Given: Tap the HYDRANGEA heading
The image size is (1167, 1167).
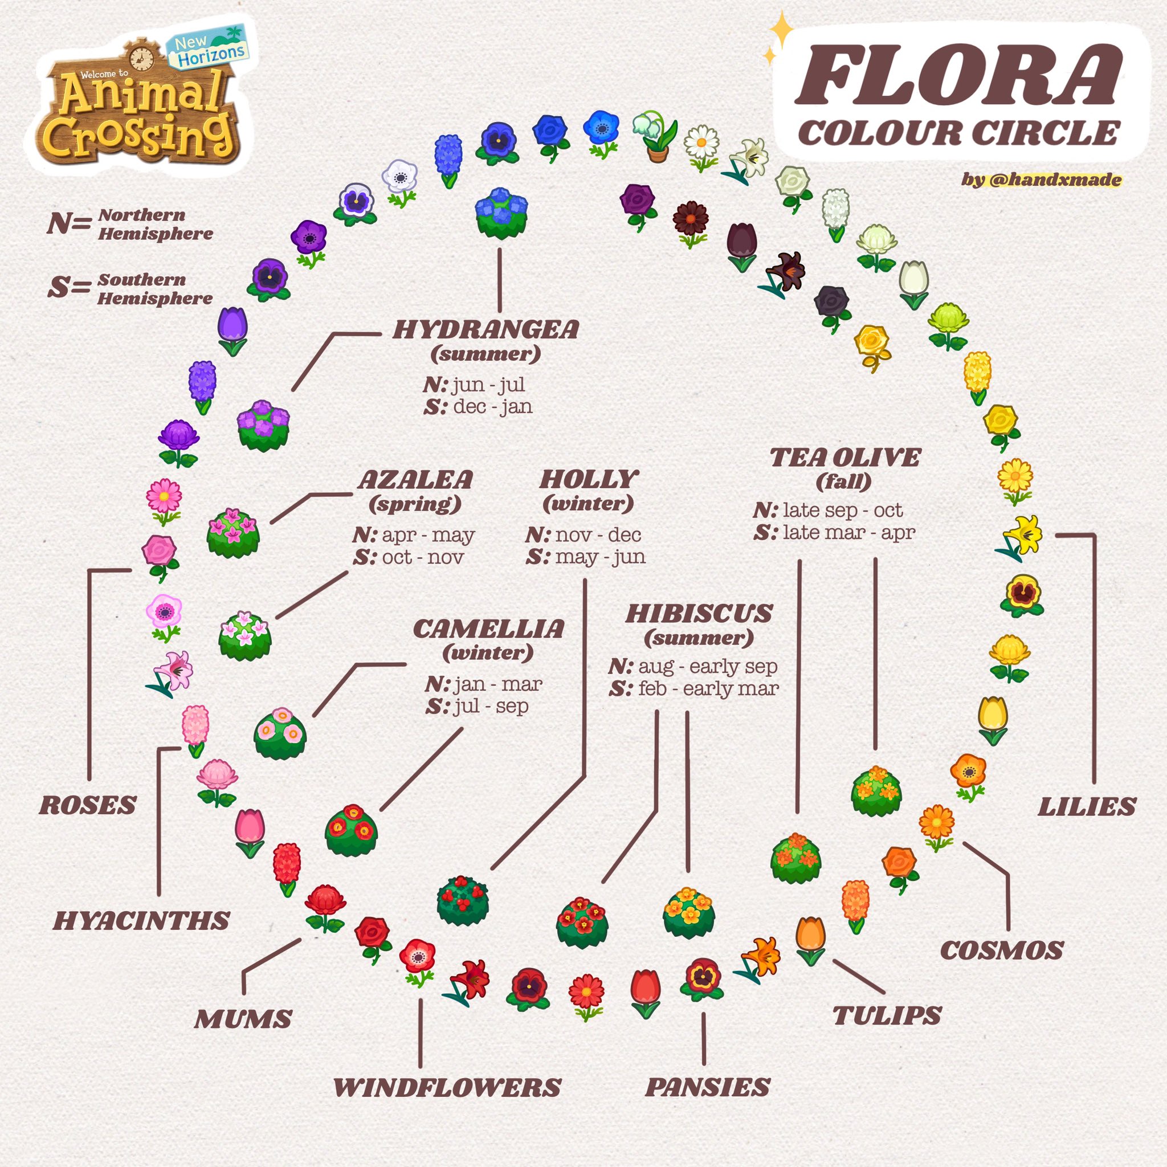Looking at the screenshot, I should coord(485,330).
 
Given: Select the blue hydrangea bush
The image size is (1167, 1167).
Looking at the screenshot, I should coord(501,213).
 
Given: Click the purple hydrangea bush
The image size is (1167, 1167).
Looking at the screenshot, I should coord(263,425).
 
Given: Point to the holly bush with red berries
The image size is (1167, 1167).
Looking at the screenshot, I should coord(463,900).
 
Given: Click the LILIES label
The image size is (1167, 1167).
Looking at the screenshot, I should coord(1087,807).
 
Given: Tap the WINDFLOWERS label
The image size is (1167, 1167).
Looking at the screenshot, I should coord(447,1087).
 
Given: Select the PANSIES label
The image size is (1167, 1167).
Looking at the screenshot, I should coord(707,1087).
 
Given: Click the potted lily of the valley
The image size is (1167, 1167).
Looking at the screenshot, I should coord(655,137).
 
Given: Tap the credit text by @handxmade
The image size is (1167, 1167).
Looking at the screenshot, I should coord(1042,179).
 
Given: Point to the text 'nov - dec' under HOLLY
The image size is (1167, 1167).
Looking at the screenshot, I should coord(598,534).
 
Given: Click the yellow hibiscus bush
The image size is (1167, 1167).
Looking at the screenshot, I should coord(688,912).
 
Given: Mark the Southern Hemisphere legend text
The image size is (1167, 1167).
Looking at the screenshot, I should coord(154,289).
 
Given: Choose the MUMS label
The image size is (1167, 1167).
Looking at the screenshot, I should coord(243,1019).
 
